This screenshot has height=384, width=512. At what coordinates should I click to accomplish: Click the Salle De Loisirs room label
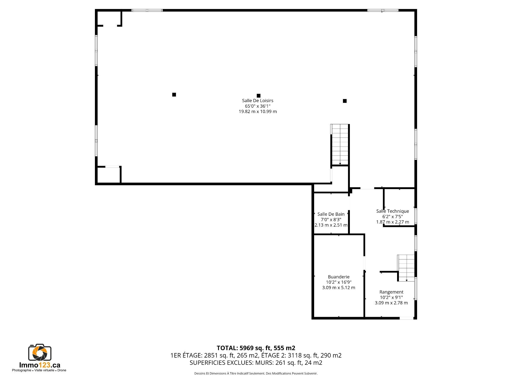(258, 101)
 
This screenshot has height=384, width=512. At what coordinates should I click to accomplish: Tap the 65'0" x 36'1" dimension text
(258, 106)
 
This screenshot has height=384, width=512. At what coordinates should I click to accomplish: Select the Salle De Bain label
(331, 214)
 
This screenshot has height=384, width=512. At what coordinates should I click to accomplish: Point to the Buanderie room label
(339, 277)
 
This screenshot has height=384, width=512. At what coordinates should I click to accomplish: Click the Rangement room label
(391, 292)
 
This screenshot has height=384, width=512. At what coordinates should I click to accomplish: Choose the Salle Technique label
(393, 211)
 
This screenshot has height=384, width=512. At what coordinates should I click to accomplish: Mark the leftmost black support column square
(174, 95)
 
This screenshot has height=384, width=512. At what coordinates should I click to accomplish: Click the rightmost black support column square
(345, 101)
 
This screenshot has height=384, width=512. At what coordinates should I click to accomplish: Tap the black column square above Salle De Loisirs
(258, 96)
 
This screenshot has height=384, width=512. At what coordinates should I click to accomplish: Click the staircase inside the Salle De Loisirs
(340, 145)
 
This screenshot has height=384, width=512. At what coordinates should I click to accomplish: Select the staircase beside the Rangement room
(406, 268)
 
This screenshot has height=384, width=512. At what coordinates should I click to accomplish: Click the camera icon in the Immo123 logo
(40, 353)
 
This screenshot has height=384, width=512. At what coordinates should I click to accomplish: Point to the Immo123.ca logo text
(40, 365)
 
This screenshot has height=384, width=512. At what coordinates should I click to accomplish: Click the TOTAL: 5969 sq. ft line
(256, 348)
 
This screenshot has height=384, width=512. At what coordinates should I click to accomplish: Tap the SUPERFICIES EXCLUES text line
(256, 363)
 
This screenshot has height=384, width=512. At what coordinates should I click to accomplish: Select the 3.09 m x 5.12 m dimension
(339, 288)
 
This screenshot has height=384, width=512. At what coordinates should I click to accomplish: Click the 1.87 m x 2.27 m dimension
(393, 222)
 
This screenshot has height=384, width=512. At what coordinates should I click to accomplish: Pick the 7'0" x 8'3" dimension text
(331, 220)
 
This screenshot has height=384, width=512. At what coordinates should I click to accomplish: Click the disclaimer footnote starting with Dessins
(256, 374)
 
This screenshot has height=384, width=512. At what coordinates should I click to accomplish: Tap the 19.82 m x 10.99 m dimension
(258, 111)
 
